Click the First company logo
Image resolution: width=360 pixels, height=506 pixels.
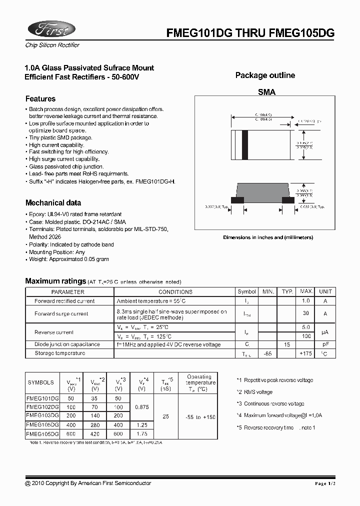click(x=50, y=30)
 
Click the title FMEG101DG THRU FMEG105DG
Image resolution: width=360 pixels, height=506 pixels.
click(x=250, y=33)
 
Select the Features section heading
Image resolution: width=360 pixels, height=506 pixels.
click(x=40, y=99)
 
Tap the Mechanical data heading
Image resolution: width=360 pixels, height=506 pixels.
click(x=53, y=203)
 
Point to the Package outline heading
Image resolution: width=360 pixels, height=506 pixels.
click(x=265, y=75)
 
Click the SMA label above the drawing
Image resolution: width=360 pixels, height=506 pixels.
click(x=266, y=92)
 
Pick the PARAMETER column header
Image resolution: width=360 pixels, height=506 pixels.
click(x=68, y=291)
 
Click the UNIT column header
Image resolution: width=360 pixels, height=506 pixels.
click(x=325, y=291)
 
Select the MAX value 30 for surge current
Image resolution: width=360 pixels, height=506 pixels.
click(x=305, y=313)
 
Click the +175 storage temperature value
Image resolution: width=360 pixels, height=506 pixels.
click(x=305, y=353)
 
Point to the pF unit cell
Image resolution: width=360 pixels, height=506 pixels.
click(x=325, y=344)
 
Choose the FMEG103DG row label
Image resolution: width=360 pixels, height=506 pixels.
click(x=42, y=416)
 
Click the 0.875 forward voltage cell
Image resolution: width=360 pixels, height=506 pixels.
click(x=142, y=407)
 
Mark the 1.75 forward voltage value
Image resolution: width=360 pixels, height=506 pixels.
click(x=142, y=434)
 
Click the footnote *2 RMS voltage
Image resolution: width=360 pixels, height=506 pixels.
click(x=255, y=392)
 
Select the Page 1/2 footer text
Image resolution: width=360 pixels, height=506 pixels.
click(x=327, y=483)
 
